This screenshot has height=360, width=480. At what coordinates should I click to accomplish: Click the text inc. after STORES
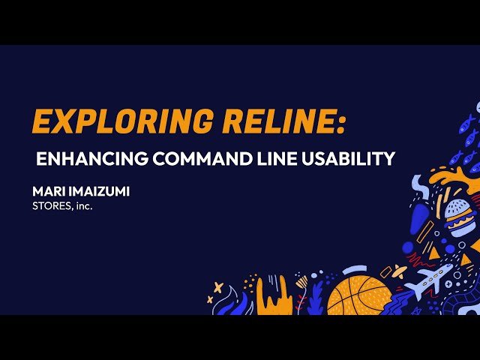coord(83,205)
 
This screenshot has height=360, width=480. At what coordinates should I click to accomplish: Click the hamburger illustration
coord(459,218)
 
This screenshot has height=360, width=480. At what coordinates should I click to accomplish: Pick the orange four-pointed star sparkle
coord(218,287)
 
